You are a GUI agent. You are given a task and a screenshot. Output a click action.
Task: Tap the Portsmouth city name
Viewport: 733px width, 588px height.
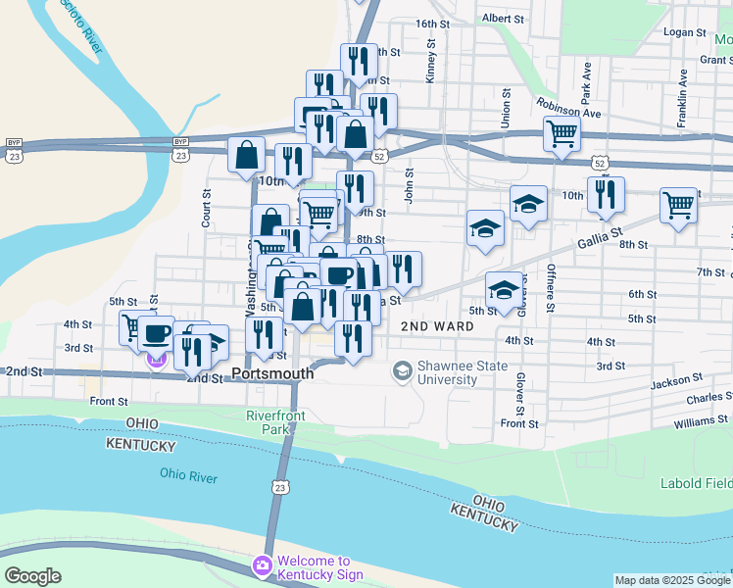pos(273,373)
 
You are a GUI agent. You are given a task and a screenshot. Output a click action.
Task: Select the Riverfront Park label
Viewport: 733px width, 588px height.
pos(275,422)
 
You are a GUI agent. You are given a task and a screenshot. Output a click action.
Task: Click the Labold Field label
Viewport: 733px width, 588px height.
pos(697,482)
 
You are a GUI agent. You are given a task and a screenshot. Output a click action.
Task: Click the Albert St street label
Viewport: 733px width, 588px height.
pos(504,19)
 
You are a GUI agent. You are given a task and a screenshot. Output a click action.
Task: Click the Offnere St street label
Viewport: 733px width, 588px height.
pos(551,289)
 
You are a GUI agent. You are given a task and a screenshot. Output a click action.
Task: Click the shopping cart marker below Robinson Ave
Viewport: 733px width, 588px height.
pos(562,132)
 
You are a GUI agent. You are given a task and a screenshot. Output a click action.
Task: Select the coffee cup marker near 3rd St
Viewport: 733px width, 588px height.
pos(156,333)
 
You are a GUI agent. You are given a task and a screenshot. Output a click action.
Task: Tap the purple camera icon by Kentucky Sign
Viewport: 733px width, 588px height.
pos(262,566)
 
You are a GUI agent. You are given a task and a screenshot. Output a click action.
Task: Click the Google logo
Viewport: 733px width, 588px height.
pos(32,575)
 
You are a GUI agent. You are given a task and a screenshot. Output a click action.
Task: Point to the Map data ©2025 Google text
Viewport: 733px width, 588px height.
pos(672,580)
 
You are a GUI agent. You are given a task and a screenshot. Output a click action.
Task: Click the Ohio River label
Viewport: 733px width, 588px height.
pos(188,476)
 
